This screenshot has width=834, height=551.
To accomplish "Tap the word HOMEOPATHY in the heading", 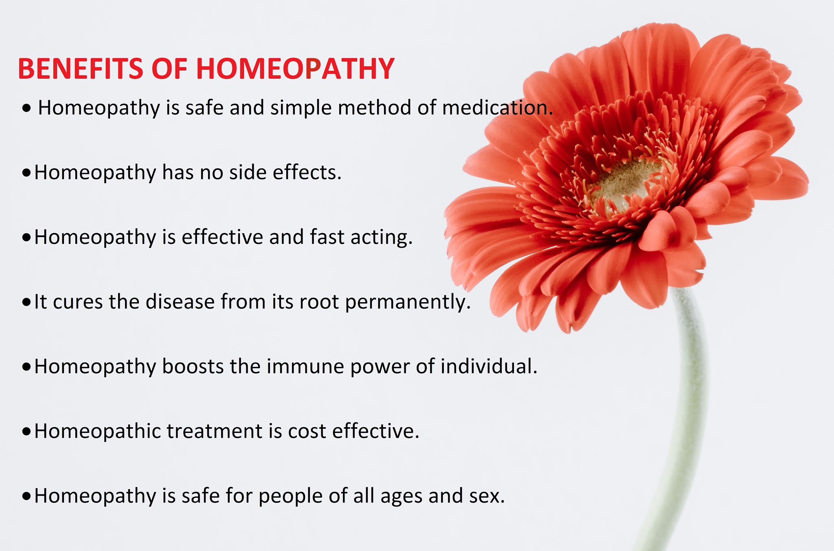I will pyautogui.click(x=295, y=68).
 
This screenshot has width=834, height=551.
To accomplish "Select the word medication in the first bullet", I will pyautogui.click(x=497, y=108).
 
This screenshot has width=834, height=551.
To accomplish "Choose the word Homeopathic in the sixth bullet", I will pyautogui.click(x=98, y=431).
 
